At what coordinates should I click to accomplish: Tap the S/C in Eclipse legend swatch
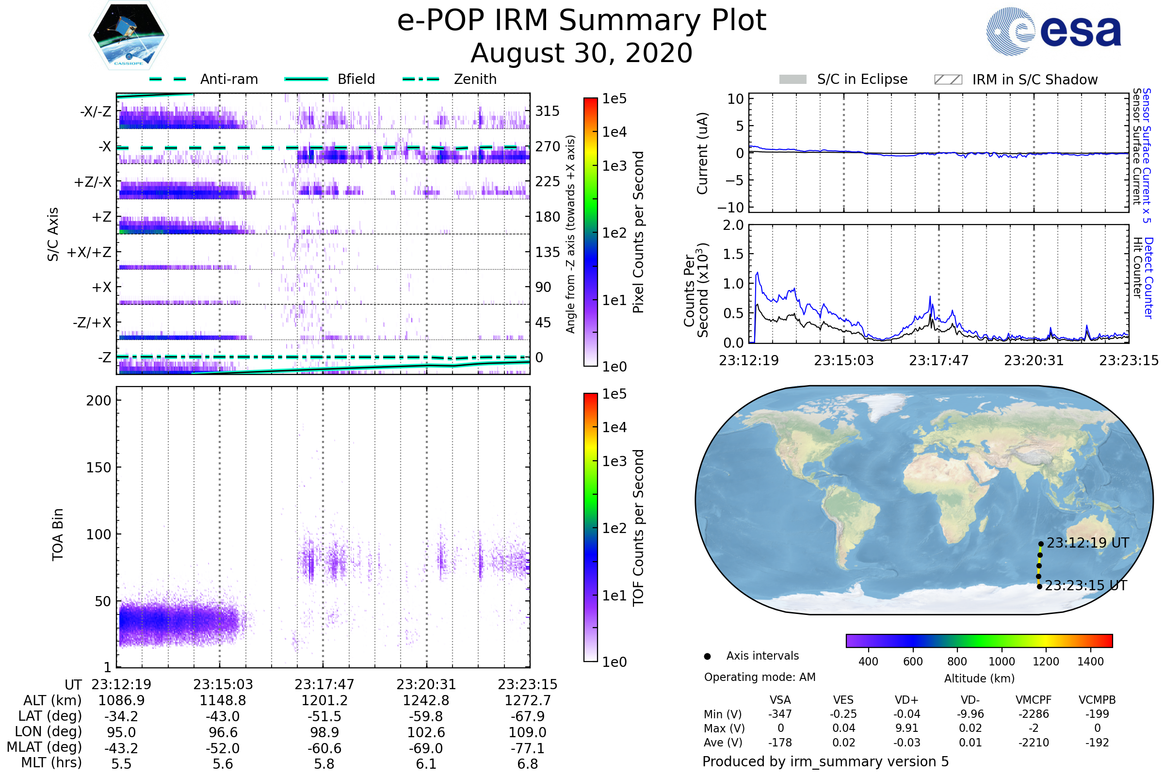tap(792, 80)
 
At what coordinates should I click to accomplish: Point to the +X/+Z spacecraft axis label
tap(89, 252)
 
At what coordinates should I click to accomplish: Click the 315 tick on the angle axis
tap(548, 111)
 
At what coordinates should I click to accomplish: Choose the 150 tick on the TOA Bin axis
tap(98, 468)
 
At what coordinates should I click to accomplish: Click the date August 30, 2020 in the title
tap(582, 53)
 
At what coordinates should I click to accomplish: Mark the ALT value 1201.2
tap(324, 701)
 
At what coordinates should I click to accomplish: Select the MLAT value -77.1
tap(528, 748)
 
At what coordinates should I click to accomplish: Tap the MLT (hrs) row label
tap(51, 762)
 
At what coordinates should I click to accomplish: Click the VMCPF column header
tap(1034, 700)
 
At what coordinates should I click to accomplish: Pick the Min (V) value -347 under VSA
tap(780, 714)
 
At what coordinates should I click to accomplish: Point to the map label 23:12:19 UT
tap(1088, 543)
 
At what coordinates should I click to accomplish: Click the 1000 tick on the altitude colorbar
tap(1002, 662)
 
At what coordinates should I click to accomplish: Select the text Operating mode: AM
tap(760, 677)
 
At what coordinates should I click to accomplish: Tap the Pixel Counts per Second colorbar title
tap(638, 232)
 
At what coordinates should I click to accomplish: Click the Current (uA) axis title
tap(702, 153)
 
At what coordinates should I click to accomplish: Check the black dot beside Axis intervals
tap(708, 656)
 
